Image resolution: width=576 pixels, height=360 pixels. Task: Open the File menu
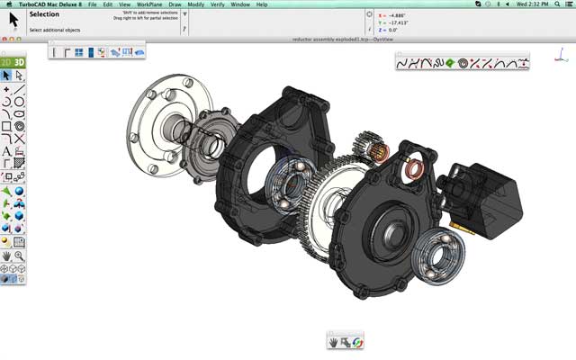(x=92, y=4)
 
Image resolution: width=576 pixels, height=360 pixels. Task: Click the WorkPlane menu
(x=150, y=4)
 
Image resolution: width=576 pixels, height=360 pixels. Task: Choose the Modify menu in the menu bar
(x=195, y=4)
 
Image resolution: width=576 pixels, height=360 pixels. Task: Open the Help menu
(x=262, y=4)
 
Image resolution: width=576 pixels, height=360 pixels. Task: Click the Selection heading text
(x=44, y=14)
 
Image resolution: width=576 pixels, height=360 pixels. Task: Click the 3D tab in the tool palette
(x=19, y=62)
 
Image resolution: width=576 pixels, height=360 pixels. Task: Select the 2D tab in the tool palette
(x=6, y=62)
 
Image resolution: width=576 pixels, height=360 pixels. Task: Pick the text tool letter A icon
(x=6, y=152)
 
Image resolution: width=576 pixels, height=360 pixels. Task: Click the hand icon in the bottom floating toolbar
(x=332, y=342)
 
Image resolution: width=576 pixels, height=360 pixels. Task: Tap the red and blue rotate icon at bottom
(x=357, y=342)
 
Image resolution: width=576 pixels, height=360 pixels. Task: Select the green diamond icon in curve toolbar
(x=449, y=63)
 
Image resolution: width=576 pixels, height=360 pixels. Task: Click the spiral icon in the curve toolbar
(x=463, y=63)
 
